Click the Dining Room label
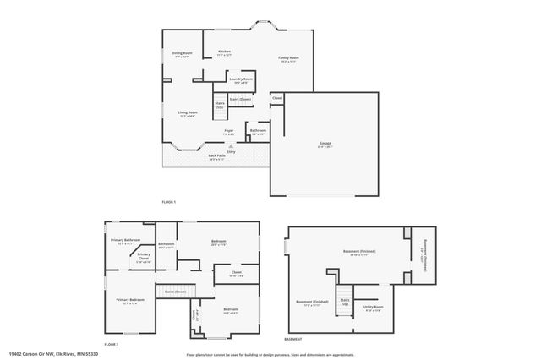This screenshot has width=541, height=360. tap(183, 54)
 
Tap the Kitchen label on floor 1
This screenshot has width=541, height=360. tap(224, 52)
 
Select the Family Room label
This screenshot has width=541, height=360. tap(289, 58)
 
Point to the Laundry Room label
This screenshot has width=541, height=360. tap(242, 79)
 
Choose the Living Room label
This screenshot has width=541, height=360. tap(188, 112)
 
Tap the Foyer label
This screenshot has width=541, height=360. tap(229, 131)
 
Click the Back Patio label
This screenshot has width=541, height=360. tap(217, 155)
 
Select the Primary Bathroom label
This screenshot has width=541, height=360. tap(126, 240)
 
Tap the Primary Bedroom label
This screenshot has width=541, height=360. tap(130, 300)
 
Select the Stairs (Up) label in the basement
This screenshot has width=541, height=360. tap(345, 301)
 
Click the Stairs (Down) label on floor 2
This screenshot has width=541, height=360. tap(175, 291)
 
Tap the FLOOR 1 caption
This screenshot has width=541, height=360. tap(169, 203)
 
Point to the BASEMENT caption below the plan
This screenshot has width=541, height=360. tap(292, 339)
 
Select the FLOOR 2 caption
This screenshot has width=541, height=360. tap(111, 344)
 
